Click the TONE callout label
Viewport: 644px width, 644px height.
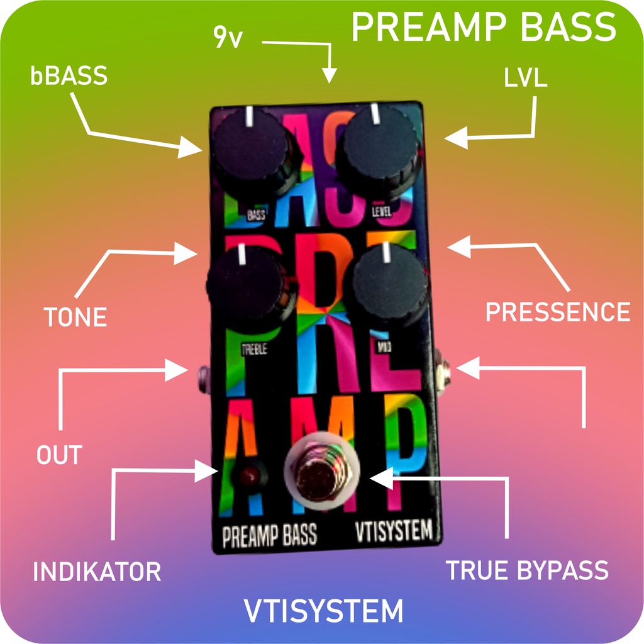[75, 317]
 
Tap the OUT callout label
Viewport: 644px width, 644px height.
[59, 455]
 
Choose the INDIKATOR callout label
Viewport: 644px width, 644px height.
[97, 572]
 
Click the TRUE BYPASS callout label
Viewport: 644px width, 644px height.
[527, 570]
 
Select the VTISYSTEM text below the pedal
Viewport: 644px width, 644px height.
[323, 611]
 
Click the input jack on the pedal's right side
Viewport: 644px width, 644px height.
[443, 372]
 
